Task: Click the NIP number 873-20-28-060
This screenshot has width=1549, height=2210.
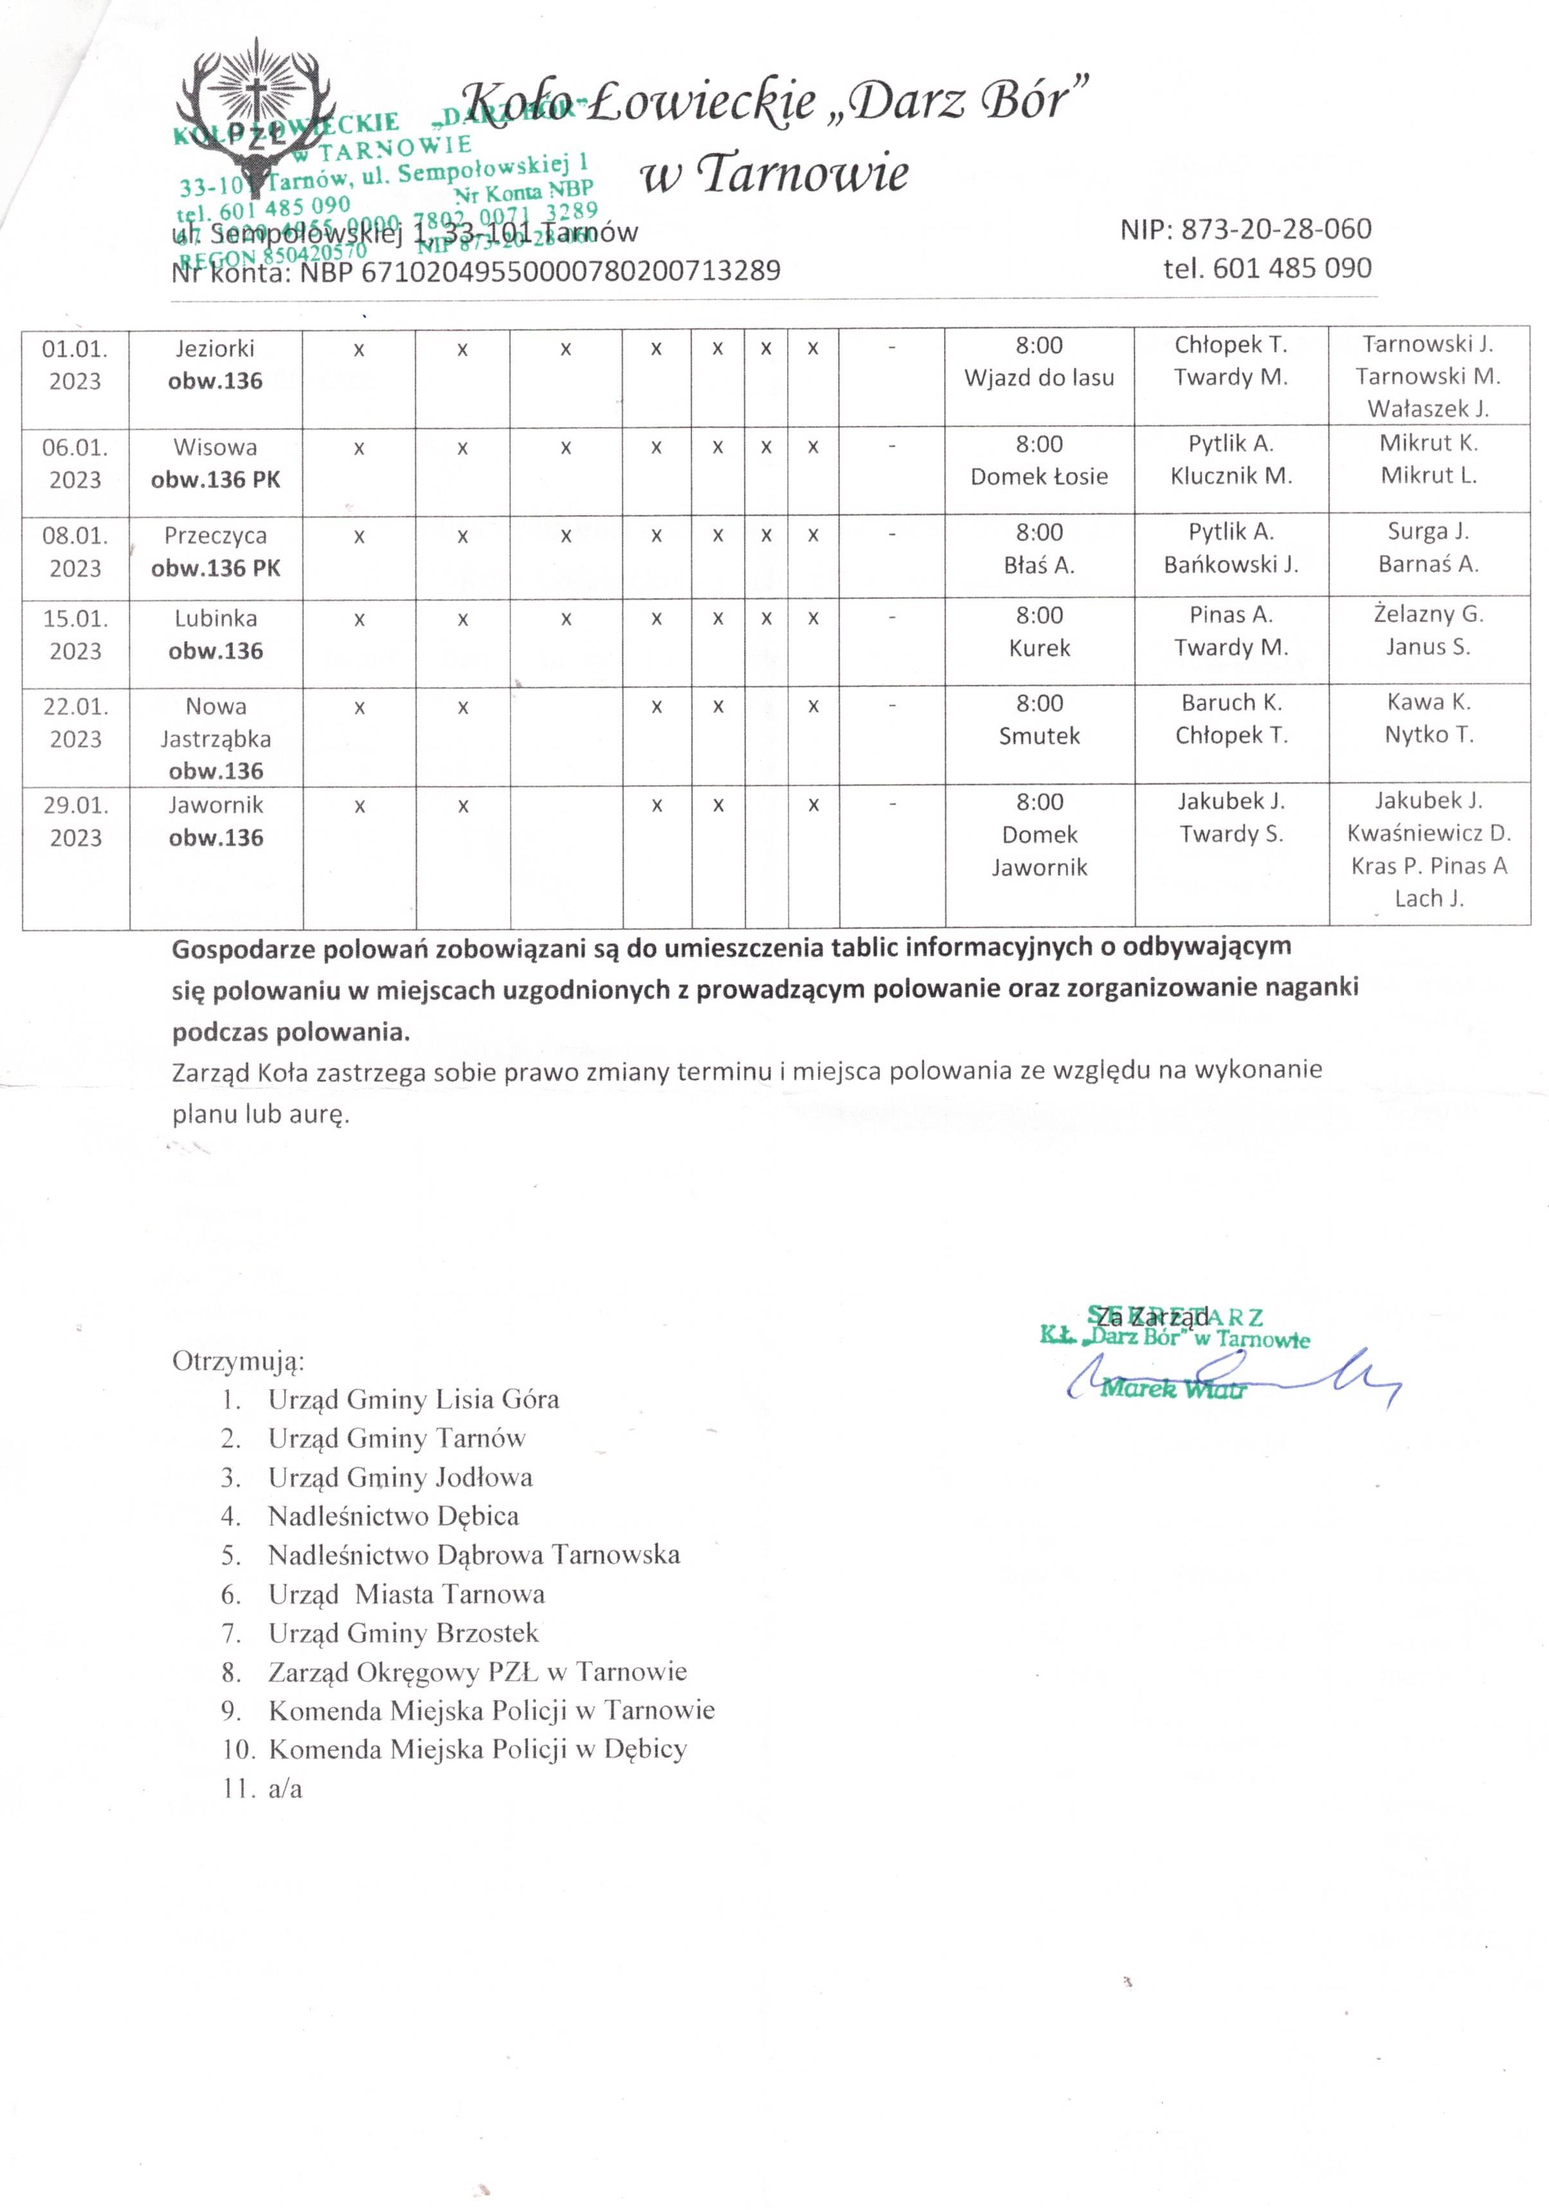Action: (1245, 229)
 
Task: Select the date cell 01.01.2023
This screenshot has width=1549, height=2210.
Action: (75, 365)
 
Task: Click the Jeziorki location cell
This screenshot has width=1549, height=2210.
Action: (215, 364)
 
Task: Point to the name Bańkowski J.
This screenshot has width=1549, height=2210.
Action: (1230, 565)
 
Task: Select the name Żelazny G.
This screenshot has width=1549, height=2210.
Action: (1427, 614)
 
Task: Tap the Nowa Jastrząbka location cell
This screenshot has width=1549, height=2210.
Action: (215, 738)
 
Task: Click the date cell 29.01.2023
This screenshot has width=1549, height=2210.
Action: (75, 821)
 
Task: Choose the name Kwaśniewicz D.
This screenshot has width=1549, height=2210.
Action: (1429, 833)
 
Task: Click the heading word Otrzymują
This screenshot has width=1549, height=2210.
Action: (238, 1361)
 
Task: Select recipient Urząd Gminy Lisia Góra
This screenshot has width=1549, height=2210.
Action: (413, 1400)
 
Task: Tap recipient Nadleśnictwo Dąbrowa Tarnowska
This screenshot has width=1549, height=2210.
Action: (474, 1555)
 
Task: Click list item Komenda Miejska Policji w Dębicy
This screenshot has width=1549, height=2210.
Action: (478, 1749)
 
